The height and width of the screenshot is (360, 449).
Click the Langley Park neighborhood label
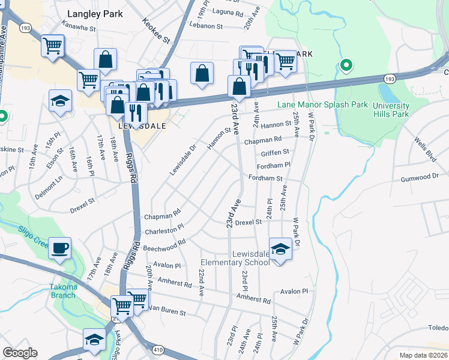click(x=95, y=13)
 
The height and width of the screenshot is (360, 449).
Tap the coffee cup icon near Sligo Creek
click(x=60, y=248)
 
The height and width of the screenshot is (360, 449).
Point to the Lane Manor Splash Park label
click(x=322, y=104)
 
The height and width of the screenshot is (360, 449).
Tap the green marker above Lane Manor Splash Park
click(x=346, y=65)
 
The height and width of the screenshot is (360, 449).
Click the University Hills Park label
click(x=391, y=110)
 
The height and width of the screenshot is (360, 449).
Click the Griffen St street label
click(x=275, y=152)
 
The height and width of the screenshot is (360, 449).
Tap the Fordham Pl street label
click(x=273, y=164)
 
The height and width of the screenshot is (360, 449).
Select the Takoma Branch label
click(x=63, y=291)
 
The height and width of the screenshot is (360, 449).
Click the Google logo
click(x=20, y=353)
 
